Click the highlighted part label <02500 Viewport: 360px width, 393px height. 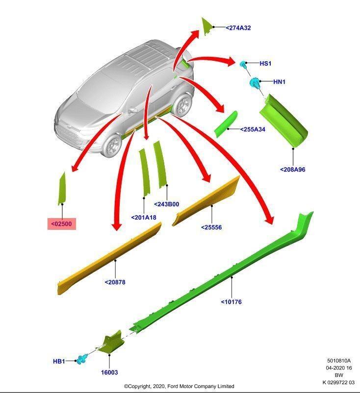tap(62, 224)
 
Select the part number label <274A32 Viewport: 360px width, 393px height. tap(238, 28)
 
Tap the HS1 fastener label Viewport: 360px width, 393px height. tap(265, 64)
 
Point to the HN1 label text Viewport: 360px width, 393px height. tap(279, 82)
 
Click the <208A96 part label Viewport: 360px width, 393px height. tap(293, 170)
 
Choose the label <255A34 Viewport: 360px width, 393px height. tap(253, 129)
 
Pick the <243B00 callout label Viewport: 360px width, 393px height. tap(167, 204)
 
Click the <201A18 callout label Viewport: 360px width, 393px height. tap(144, 217)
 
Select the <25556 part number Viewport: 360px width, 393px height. tap(211, 227)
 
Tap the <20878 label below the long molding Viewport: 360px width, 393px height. tap(115, 282)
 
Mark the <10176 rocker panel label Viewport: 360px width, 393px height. tap(231, 302)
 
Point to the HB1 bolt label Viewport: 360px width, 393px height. tap(59, 361)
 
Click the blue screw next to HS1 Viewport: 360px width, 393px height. tap(243, 64)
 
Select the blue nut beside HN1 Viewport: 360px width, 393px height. tap(255, 82)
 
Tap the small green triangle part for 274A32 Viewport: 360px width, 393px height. tap(206, 25)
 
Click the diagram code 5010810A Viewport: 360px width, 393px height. tap(339, 361)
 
